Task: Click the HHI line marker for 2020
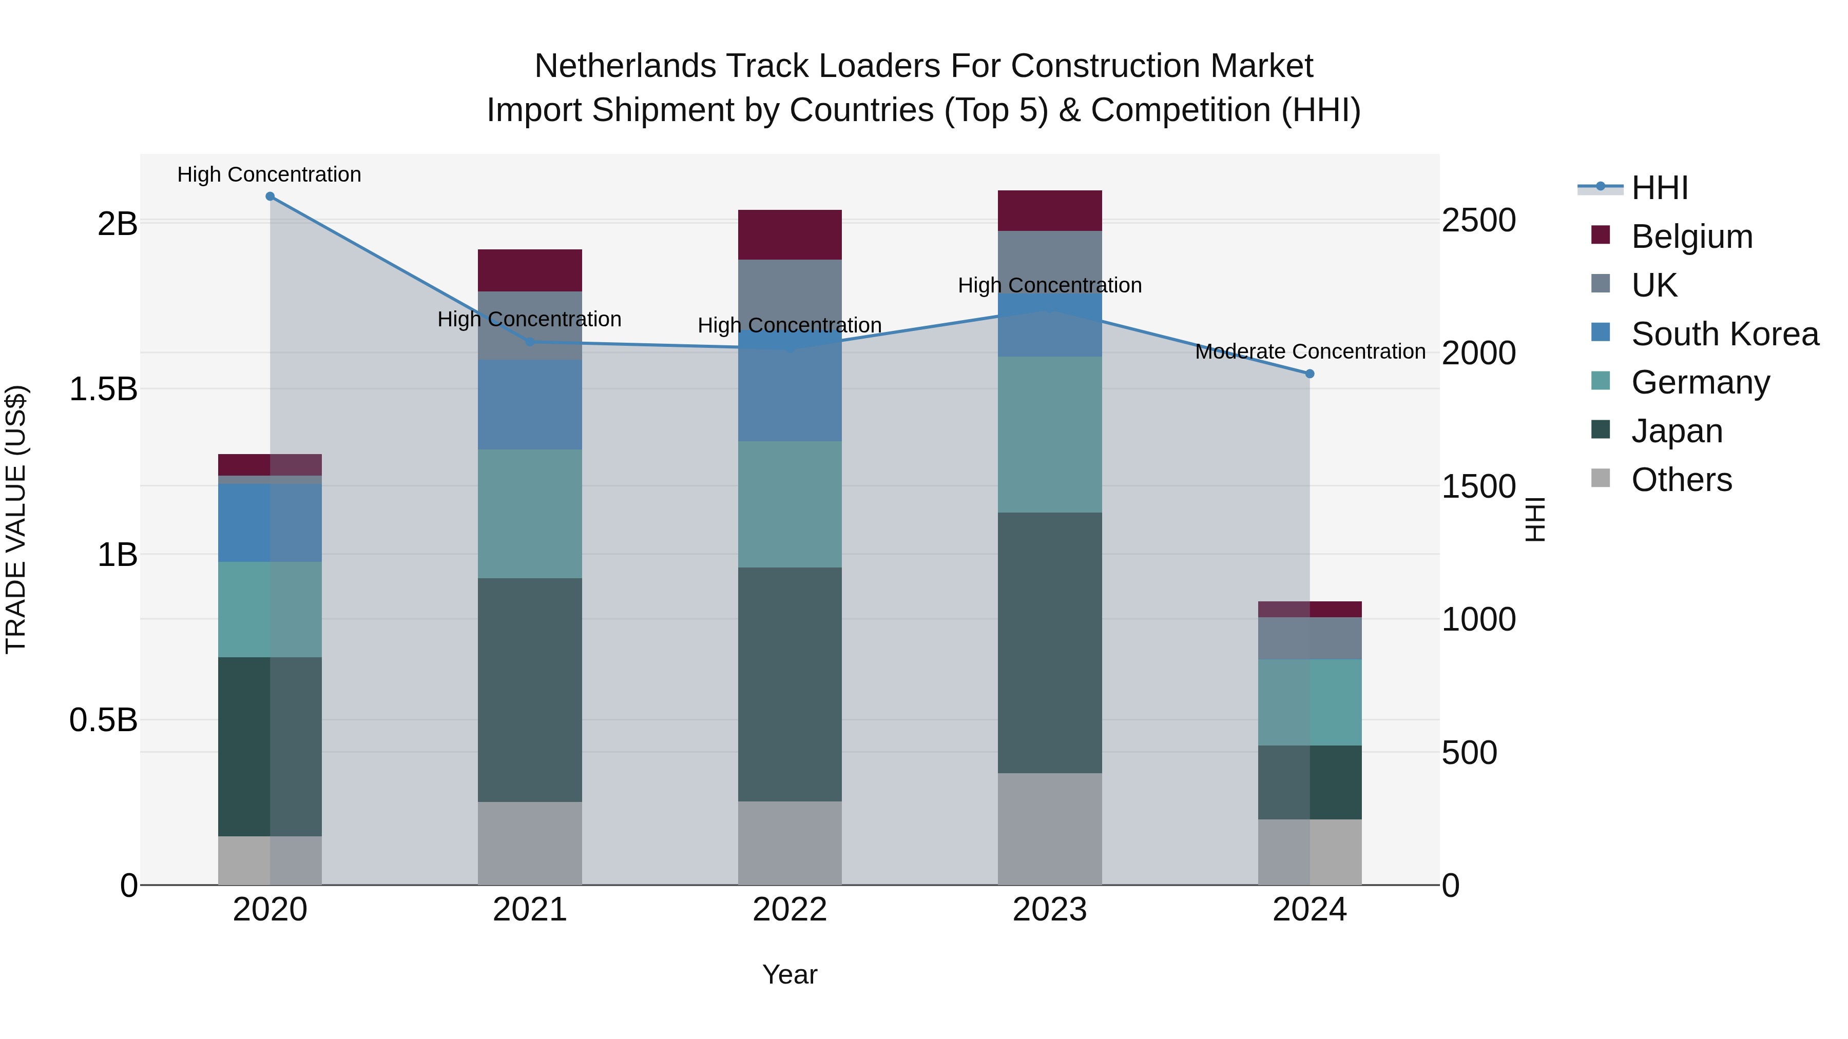tap(269, 197)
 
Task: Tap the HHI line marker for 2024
tap(1309, 374)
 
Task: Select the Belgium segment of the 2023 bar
tap(1050, 211)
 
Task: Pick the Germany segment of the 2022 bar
tap(790, 504)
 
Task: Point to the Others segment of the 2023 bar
tap(1050, 829)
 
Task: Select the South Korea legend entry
tap(1725, 334)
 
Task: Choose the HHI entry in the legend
tap(1659, 188)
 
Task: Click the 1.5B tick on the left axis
tap(103, 389)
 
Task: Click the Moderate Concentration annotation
tap(1310, 352)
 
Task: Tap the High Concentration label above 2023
tap(1050, 285)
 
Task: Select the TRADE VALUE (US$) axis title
tap(16, 519)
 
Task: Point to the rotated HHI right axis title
tap(1534, 519)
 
